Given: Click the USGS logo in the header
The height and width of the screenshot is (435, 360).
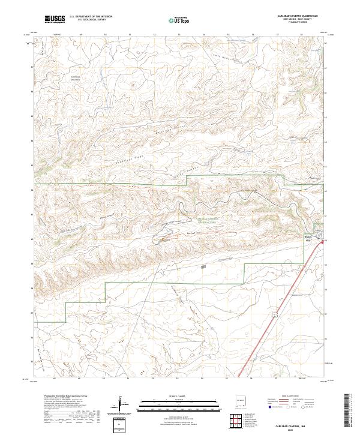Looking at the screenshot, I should click(55, 19).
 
